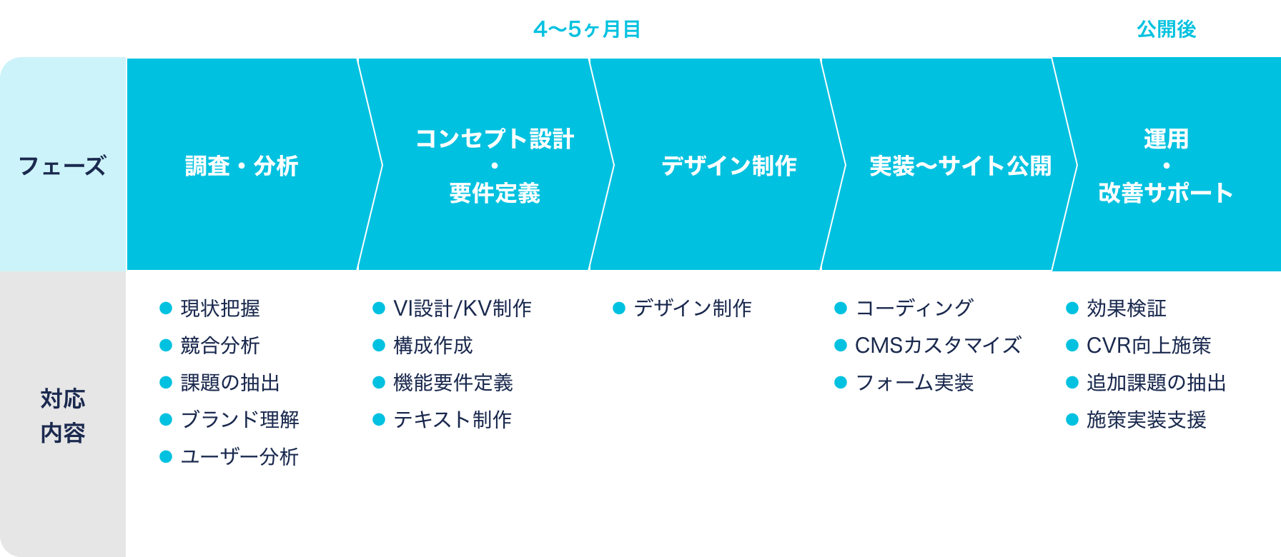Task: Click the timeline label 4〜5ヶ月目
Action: click(587, 29)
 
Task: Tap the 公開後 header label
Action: click(1166, 29)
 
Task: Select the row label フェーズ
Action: click(62, 166)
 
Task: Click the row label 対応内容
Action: click(63, 416)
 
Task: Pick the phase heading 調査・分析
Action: click(242, 166)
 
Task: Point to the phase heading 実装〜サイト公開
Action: click(960, 166)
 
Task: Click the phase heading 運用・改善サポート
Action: click(1166, 166)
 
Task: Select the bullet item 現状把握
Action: click(220, 308)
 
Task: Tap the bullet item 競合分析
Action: click(220, 346)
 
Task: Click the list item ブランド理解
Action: click(240, 420)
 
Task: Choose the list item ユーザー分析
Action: click(239, 457)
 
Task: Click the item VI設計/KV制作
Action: click(463, 308)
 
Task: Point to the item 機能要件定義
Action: click(453, 383)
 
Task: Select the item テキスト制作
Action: click(452, 420)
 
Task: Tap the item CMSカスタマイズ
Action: click(938, 346)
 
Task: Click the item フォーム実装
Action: click(914, 383)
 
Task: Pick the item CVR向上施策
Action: click(1149, 346)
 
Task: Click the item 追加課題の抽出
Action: click(1157, 383)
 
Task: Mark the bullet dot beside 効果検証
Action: click(1072, 308)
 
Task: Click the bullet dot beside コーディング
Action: click(841, 308)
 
